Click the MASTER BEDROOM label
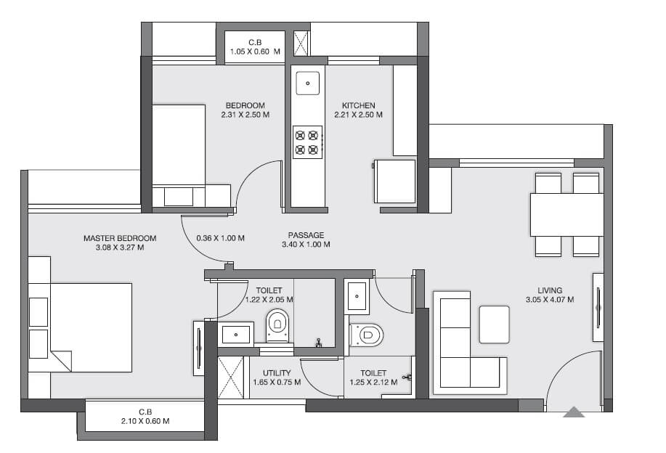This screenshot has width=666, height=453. (x=119, y=237)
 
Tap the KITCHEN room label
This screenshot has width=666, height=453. (x=357, y=105)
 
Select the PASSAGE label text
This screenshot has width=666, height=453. (x=306, y=234)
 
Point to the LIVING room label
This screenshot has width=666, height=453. (x=550, y=290)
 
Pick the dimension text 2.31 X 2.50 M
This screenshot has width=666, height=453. (x=245, y=115)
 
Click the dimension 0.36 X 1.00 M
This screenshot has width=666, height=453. (x=221, y=238)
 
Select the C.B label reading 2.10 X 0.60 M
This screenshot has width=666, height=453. (x=145, y=421)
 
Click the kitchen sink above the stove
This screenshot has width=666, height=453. (x=308, y=83)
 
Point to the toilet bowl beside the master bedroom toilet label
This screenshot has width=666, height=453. (x=277, y=325)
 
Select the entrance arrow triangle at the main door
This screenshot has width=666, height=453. (x=574, y=412)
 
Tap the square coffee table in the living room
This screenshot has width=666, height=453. (x=494, y=323)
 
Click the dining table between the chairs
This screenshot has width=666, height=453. (x=566, y=215)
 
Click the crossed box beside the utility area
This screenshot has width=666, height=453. (x=230, y=377)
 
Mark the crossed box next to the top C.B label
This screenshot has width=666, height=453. (x=301, y=43)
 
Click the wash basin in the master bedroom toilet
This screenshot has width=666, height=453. (x=235, y=334)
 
